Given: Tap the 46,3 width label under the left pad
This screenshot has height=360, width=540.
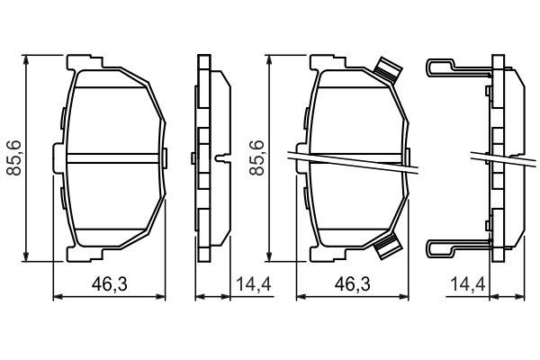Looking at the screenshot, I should tap(109, 285).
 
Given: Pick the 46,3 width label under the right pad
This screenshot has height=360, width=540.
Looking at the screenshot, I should tap(352, 285).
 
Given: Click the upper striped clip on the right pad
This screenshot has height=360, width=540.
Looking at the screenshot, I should tap(387, 70).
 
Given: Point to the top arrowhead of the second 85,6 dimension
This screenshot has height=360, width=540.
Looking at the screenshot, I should tap(271, 59).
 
